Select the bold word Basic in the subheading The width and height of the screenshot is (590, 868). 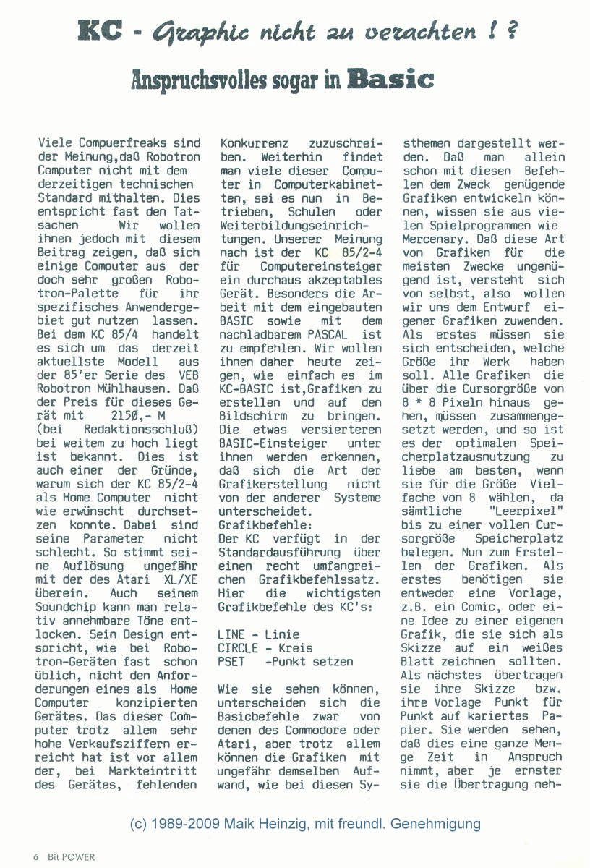(x=390, y=80)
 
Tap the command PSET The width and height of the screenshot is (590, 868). (x=231, y=660)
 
